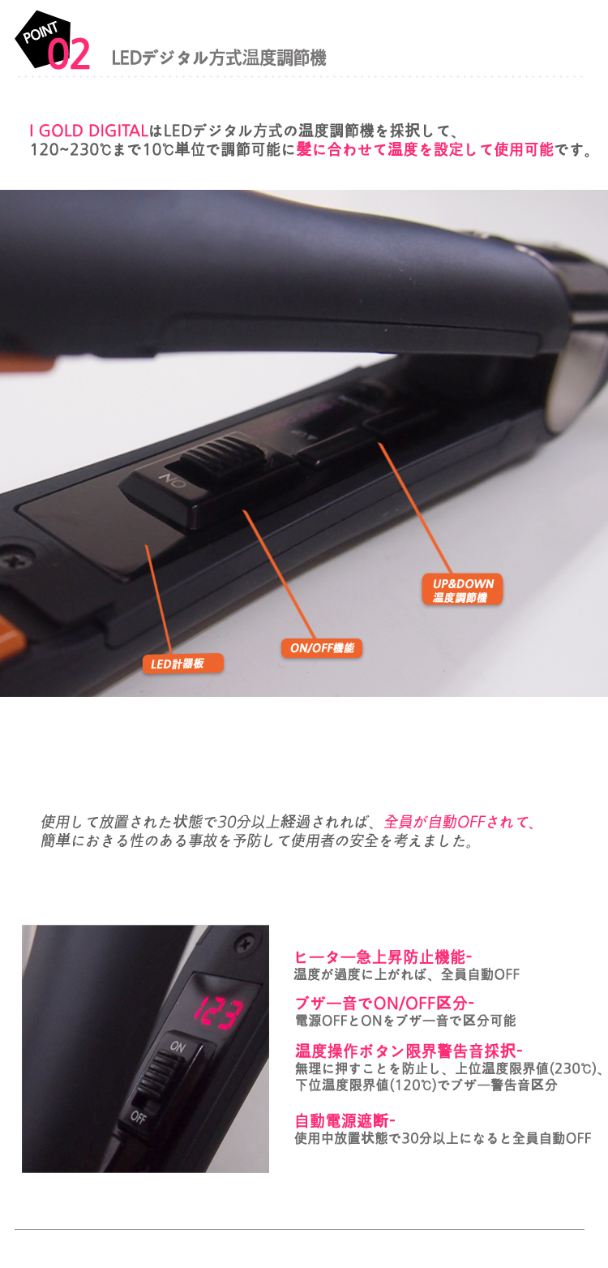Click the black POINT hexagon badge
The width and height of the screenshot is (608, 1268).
[x=42, y=38]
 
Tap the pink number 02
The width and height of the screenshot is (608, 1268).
[x=68, y=54]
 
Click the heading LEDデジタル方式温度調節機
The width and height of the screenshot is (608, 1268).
[x=219, y=58]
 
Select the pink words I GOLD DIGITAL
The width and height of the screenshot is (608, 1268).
[x=89, y=131]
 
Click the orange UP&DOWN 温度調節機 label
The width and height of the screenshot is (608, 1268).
[x=462, y=590]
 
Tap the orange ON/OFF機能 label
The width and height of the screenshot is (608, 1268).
[x=322, y=648]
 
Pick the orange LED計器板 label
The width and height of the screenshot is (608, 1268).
[x=183, y=664]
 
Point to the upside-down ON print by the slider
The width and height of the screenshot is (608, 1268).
[x=172, y=481]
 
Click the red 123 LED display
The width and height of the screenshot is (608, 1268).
[x=219, y=1012]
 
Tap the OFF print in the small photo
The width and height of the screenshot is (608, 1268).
[x=138, y=1117]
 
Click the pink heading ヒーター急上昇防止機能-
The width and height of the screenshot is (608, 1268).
[x=383, y=957]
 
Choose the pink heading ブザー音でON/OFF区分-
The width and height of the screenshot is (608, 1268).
[x=384, y=1004]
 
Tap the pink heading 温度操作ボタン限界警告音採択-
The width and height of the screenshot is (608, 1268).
[x=409, y=1051]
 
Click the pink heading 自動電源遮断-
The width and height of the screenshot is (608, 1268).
[x=345, y=1120]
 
